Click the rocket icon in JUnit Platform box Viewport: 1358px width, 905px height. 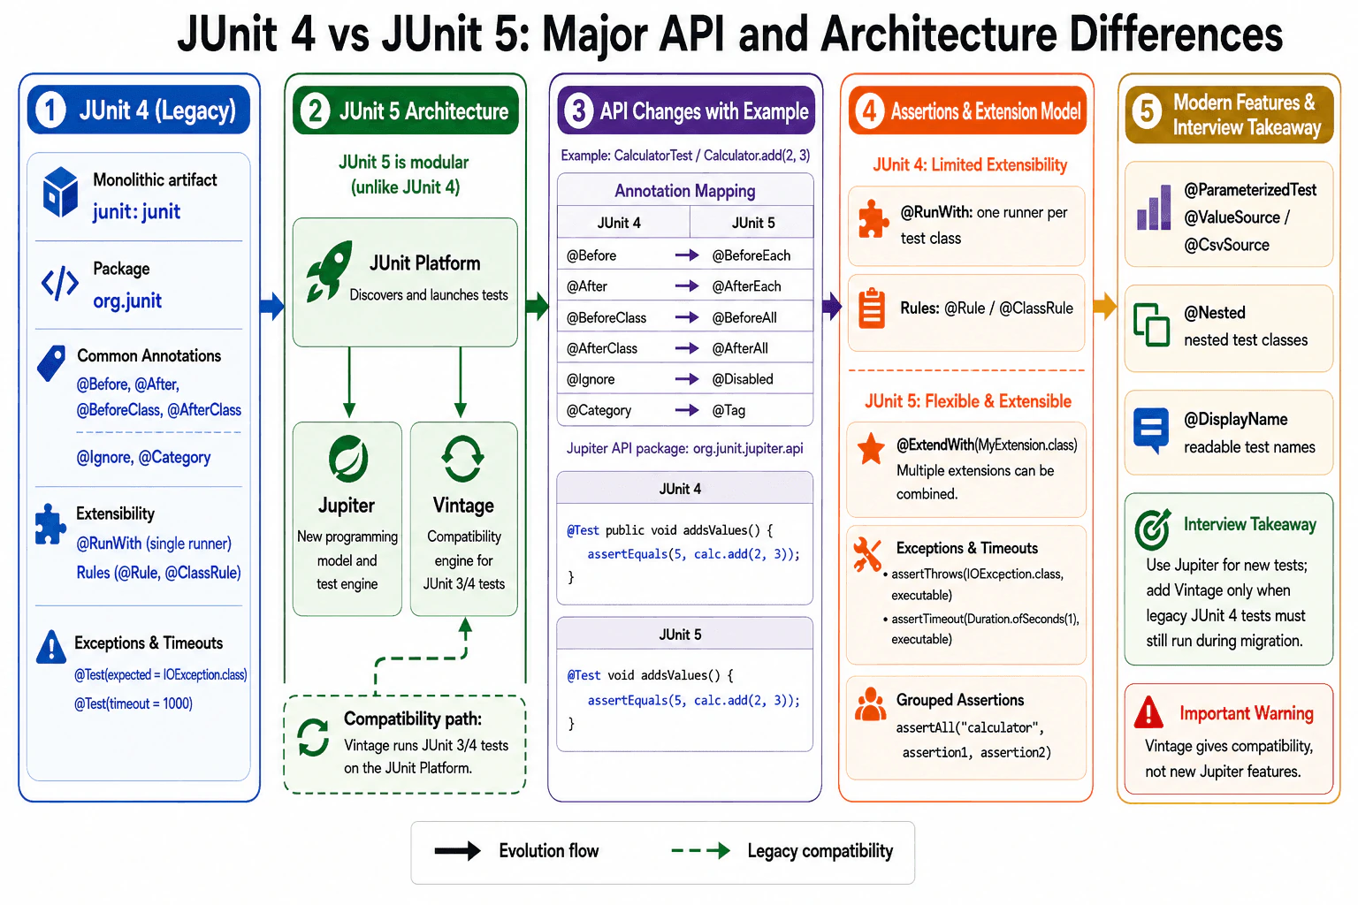point(329,271)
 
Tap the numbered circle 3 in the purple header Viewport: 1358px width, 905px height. point(578,111)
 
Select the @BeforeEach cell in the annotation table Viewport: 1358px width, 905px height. point(751,255)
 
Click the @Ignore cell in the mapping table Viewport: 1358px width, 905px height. point(591,379)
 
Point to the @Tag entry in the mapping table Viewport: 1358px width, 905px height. point(729,410)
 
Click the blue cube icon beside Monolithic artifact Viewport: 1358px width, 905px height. point(60,192)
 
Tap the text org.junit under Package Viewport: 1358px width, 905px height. point(127,300)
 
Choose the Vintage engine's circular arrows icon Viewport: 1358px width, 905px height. point(462,459)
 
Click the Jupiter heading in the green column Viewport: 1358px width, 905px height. point(347,506)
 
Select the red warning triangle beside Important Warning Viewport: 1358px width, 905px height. point(1148,712)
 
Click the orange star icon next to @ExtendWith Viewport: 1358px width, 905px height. point(871,449)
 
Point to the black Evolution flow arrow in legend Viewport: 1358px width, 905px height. point(458,851)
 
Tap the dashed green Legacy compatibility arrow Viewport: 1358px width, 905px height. point(700,851)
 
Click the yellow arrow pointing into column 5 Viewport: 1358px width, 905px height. point(1105,306)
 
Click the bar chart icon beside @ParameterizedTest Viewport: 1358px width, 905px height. point(1154,208)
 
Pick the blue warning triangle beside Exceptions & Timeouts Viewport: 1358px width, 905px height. point(51,647)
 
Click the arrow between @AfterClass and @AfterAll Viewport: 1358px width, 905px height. point(687,348)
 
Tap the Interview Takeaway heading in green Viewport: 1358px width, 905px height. point(1249,524)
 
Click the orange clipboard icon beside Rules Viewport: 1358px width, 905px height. point(872,308)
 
